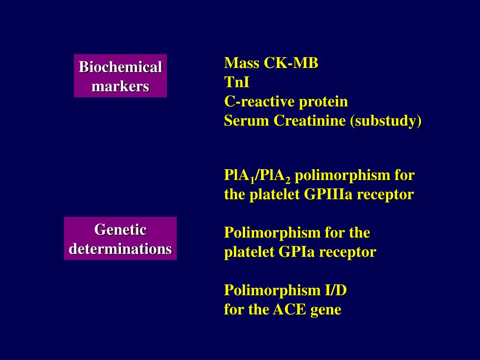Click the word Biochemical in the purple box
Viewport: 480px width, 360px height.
[x=120, y=67]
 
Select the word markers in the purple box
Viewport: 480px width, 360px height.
[x=120, y=86]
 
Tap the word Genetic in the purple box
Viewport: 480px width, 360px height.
[x=120, y=230]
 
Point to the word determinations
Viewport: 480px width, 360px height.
[x=120, y=248]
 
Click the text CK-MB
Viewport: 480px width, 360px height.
[x=291, y=63]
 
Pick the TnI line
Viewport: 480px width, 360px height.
[x=237, y=82]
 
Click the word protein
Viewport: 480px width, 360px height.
[x=324, y=102]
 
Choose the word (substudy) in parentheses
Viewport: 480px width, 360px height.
[x=385, y=121]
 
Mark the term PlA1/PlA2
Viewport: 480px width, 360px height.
[x=257, y=176]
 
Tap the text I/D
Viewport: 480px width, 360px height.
[x=336, y=291]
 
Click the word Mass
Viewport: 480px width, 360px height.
[x=241, y=63]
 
